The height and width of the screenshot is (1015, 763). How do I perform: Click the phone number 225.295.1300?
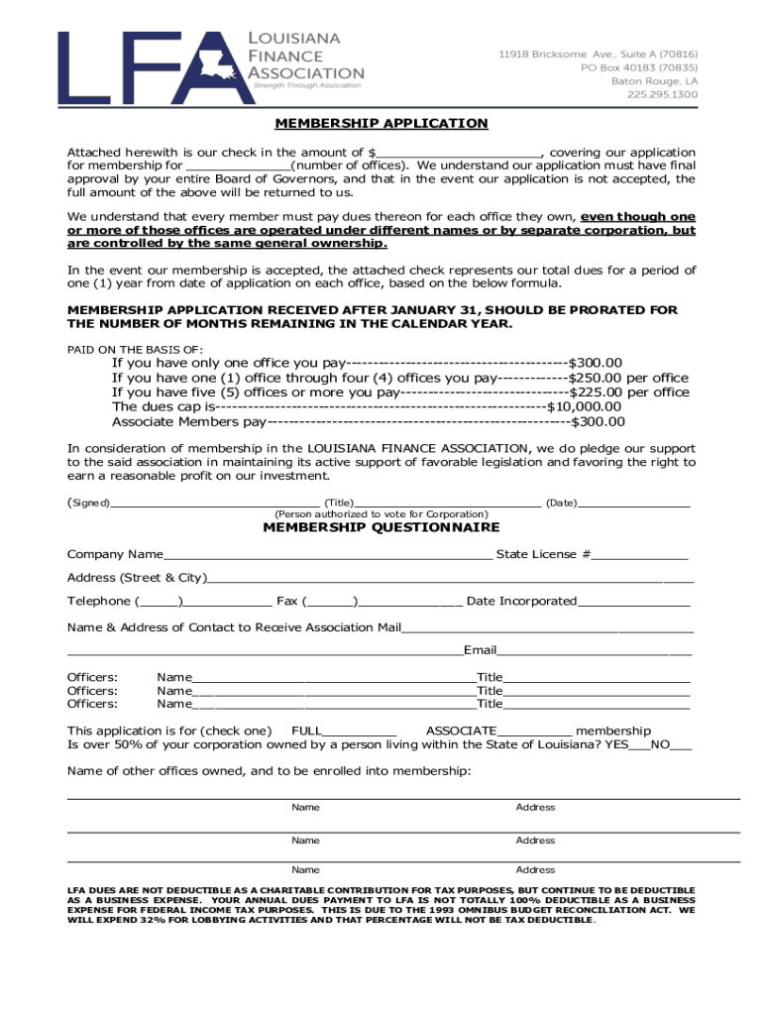point(662,95)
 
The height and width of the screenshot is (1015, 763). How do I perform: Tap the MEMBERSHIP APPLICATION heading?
point(381,124)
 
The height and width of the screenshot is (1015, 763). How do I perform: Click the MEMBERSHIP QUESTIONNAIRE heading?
point(381,528)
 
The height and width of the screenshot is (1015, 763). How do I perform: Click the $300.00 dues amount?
point(595,364)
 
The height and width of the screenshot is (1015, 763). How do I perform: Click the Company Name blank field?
point(327,554)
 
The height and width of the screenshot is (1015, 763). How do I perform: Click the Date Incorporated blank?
point(633,601)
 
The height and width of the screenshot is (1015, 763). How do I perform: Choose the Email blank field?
point(594,650)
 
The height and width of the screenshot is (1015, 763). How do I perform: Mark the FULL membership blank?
point(360,731)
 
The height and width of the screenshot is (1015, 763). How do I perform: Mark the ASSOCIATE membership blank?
point(534,731)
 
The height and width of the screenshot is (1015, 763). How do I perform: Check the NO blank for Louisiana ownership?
point(682,745)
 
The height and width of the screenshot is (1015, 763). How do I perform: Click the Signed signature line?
point(214,504)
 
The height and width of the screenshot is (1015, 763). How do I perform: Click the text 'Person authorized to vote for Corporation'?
point(381,514)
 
